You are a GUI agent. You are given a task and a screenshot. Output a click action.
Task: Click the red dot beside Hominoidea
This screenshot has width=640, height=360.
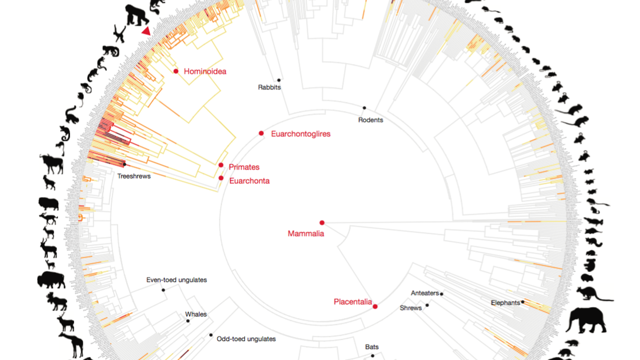click(x=176, y=71)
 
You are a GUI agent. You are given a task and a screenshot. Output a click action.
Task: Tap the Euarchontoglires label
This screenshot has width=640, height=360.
click(x=300, y=134)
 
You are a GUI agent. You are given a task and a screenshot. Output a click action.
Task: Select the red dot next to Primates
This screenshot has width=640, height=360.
click(x=221, y=165)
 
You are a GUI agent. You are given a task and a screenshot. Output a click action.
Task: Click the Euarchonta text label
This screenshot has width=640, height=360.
click(x=249, y=181)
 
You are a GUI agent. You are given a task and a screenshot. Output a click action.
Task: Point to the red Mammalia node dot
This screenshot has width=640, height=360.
click(x=322, y=223)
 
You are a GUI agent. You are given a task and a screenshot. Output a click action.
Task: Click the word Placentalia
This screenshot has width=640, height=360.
click(x=352, y=302)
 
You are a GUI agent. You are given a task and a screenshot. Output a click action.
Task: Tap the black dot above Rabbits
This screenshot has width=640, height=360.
click(x=279, y=80)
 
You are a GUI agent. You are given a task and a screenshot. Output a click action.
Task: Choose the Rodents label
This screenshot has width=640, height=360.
click(x=370, y=120)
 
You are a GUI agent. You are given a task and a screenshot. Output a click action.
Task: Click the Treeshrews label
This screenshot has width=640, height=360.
click(x=134, y=176)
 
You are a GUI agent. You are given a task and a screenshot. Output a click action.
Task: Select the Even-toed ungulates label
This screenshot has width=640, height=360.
click(x=176, y=280)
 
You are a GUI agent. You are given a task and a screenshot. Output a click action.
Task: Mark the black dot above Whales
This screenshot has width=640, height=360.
click(x=188, y=321)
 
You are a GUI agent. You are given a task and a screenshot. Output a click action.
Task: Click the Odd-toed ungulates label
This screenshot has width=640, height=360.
click(x=246, y=339)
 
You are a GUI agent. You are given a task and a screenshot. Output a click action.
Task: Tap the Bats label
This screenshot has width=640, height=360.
click(x=372, y=347)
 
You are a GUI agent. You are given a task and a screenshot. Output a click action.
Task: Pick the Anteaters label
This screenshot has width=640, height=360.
click(x=424, y=293)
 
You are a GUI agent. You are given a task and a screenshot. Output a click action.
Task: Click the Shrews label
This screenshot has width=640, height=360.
click(x=411, y=308)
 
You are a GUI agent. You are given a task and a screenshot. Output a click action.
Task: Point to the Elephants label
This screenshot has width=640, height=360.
click(x=505, y=303)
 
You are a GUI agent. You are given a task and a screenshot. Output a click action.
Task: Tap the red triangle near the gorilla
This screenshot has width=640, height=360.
click(x=146, y=31)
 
